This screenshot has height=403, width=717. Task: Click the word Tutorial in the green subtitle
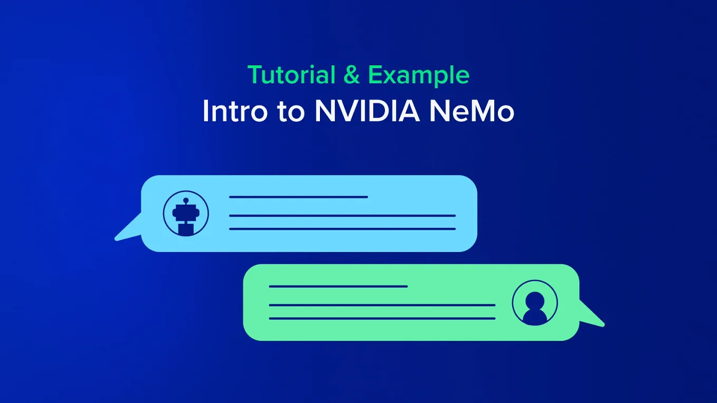(x=291, y=75)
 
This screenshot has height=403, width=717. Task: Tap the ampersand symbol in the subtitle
(x=352, y=75)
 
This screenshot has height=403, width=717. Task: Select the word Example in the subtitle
(x=419, y=76)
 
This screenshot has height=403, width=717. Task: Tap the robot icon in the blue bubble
(x=186, y=214)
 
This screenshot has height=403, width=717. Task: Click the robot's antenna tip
(x=186, y=200)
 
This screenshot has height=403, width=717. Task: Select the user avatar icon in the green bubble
(x=535, y=303)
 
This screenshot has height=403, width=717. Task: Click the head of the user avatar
(x=535, y=299)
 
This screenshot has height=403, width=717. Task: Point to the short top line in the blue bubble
(x=298, y=197)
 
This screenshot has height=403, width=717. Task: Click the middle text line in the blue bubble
(x=342, y=216)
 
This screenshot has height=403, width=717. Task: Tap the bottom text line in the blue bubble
(x=342, y=229)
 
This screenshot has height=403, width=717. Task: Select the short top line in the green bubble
(x=338, y=286)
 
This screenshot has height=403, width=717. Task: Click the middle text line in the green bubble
(x=382, y=305)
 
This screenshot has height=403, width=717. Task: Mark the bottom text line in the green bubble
(x=382, y=318)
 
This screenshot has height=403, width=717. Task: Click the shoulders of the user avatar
(x=535, y=316)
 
